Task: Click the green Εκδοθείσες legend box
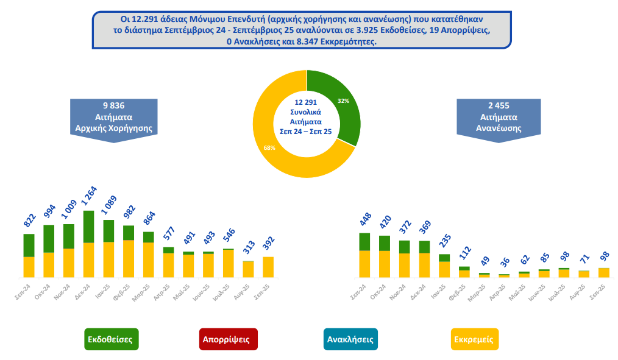(110, 339)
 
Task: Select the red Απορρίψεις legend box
(229, 339)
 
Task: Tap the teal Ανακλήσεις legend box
(350, 339)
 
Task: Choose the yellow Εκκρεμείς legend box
(474, 339)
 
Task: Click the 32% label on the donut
(343, 101)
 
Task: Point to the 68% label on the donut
(269, 148)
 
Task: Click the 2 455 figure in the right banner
(499, 105)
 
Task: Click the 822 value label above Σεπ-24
(29, 221)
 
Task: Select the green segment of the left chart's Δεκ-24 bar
(88, 227)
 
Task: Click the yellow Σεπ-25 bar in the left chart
(268, 267)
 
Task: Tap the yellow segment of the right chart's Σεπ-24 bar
(365, 264)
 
